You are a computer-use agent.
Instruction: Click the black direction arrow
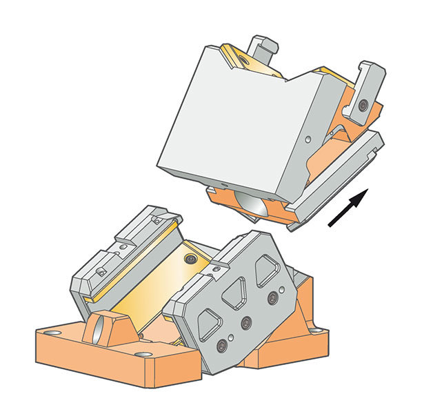[348, 209]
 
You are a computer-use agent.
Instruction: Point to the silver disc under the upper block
[249, 206]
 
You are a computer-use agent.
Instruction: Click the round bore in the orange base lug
[103, 326]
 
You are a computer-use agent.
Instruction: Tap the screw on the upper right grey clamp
[362, 105]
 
